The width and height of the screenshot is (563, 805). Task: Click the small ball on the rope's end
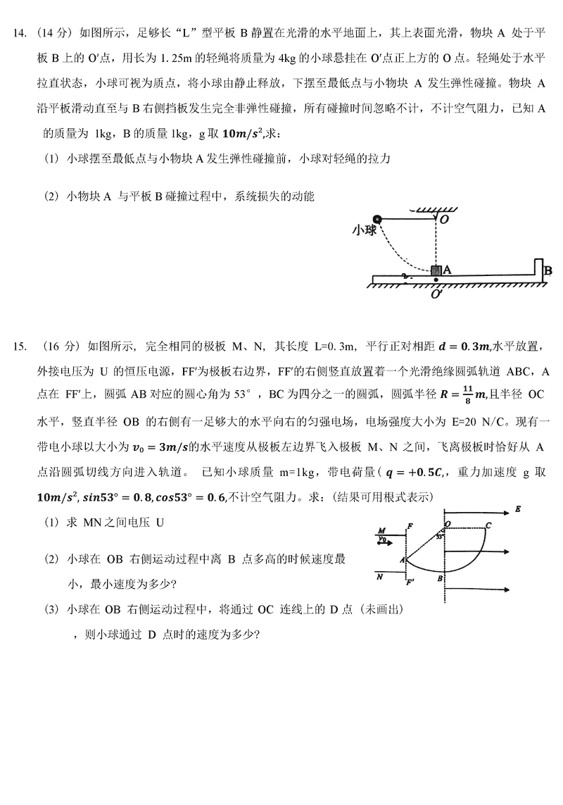point(378,219)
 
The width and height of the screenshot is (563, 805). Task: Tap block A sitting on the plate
point(436,270)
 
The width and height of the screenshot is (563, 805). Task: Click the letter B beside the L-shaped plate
point(548,270)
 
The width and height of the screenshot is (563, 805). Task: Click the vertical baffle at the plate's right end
point(538,268)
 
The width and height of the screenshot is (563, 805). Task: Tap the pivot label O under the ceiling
point(445,220)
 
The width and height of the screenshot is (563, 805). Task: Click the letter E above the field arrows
point(518,508)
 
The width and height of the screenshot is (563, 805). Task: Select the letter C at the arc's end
point(488,524)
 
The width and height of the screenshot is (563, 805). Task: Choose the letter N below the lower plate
point(380,576)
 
